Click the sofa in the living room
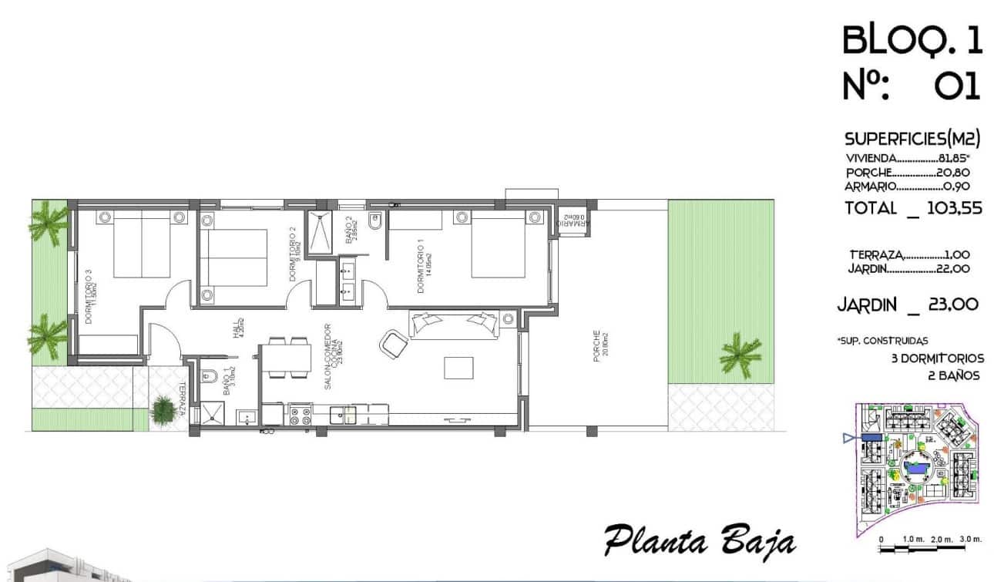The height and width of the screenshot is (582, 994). click(x=453, y=325)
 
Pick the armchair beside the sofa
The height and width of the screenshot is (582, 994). click(x=395, y=343)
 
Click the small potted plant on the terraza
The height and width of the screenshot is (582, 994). click(x=163, y=409)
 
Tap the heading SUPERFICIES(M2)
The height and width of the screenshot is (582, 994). click(x=912, y=140)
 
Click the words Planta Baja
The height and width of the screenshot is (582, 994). click(x=699, y=540)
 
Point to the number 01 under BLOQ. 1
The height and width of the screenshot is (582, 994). click(x=957, y=86)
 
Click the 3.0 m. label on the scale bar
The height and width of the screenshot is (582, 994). click(x=969, y=538)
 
